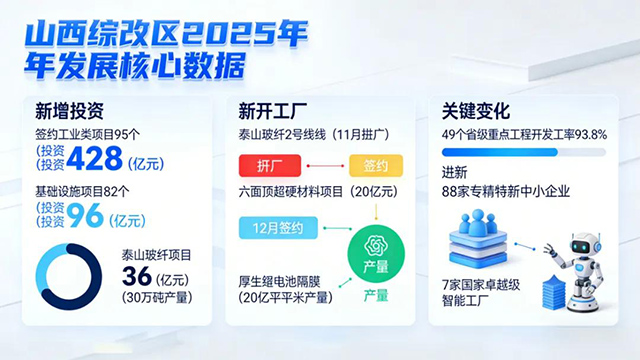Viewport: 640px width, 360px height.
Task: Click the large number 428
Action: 94,158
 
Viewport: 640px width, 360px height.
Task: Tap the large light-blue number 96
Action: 85,216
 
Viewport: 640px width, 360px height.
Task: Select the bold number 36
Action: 136,276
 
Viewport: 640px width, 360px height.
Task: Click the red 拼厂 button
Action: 270,166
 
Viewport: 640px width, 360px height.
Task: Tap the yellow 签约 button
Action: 376,166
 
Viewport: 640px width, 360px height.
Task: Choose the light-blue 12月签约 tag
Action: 278,228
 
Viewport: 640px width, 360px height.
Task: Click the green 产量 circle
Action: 376,254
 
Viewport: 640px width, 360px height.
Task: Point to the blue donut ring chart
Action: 69,245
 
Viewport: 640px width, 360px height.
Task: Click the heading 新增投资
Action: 69,111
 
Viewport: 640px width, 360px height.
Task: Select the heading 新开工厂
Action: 273,111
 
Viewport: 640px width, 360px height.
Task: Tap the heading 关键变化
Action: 476,111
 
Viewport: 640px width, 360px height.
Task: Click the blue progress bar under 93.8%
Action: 500,152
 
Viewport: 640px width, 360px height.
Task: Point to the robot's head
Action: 585,245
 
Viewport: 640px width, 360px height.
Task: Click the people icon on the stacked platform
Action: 477,222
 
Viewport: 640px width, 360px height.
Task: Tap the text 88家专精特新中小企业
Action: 505,191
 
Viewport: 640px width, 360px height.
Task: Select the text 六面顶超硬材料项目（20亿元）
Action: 318,191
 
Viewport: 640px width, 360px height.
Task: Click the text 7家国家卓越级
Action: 481,284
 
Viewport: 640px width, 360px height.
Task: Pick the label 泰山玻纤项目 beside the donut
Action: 156,255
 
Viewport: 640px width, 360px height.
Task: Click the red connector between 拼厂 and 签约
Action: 325,166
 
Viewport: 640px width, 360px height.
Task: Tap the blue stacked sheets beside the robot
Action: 553,291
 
